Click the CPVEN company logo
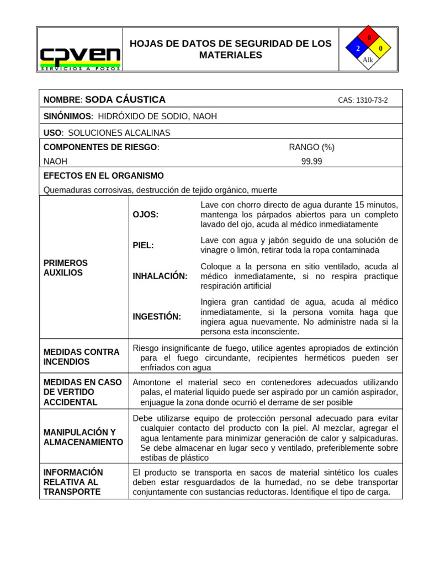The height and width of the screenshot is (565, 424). coord(80,57)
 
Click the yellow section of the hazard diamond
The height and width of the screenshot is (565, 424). coord(380,49)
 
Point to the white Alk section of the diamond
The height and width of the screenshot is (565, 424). coord(368,60)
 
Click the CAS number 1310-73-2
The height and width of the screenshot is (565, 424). coord(363,100)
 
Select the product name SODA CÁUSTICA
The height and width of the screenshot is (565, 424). coord(125,100)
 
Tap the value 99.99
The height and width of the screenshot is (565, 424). coord(311,161)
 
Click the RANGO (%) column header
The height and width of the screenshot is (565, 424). coord(311,147)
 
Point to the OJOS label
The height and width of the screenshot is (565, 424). coord(146,215)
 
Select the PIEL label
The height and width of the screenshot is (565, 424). coord(144,245)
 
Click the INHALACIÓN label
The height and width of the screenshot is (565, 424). coord(160,276)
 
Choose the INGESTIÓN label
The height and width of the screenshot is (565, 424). coord(157,316)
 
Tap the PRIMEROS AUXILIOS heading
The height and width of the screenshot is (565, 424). coord(66,268)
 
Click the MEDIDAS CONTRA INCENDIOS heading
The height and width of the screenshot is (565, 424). coord(81,356)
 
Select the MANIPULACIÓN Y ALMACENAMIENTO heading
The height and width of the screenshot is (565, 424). coord(83,437)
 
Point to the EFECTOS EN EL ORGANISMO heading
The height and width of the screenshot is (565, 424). coord(104,175)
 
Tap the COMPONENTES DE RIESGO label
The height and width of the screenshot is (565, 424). coord(101,147)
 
